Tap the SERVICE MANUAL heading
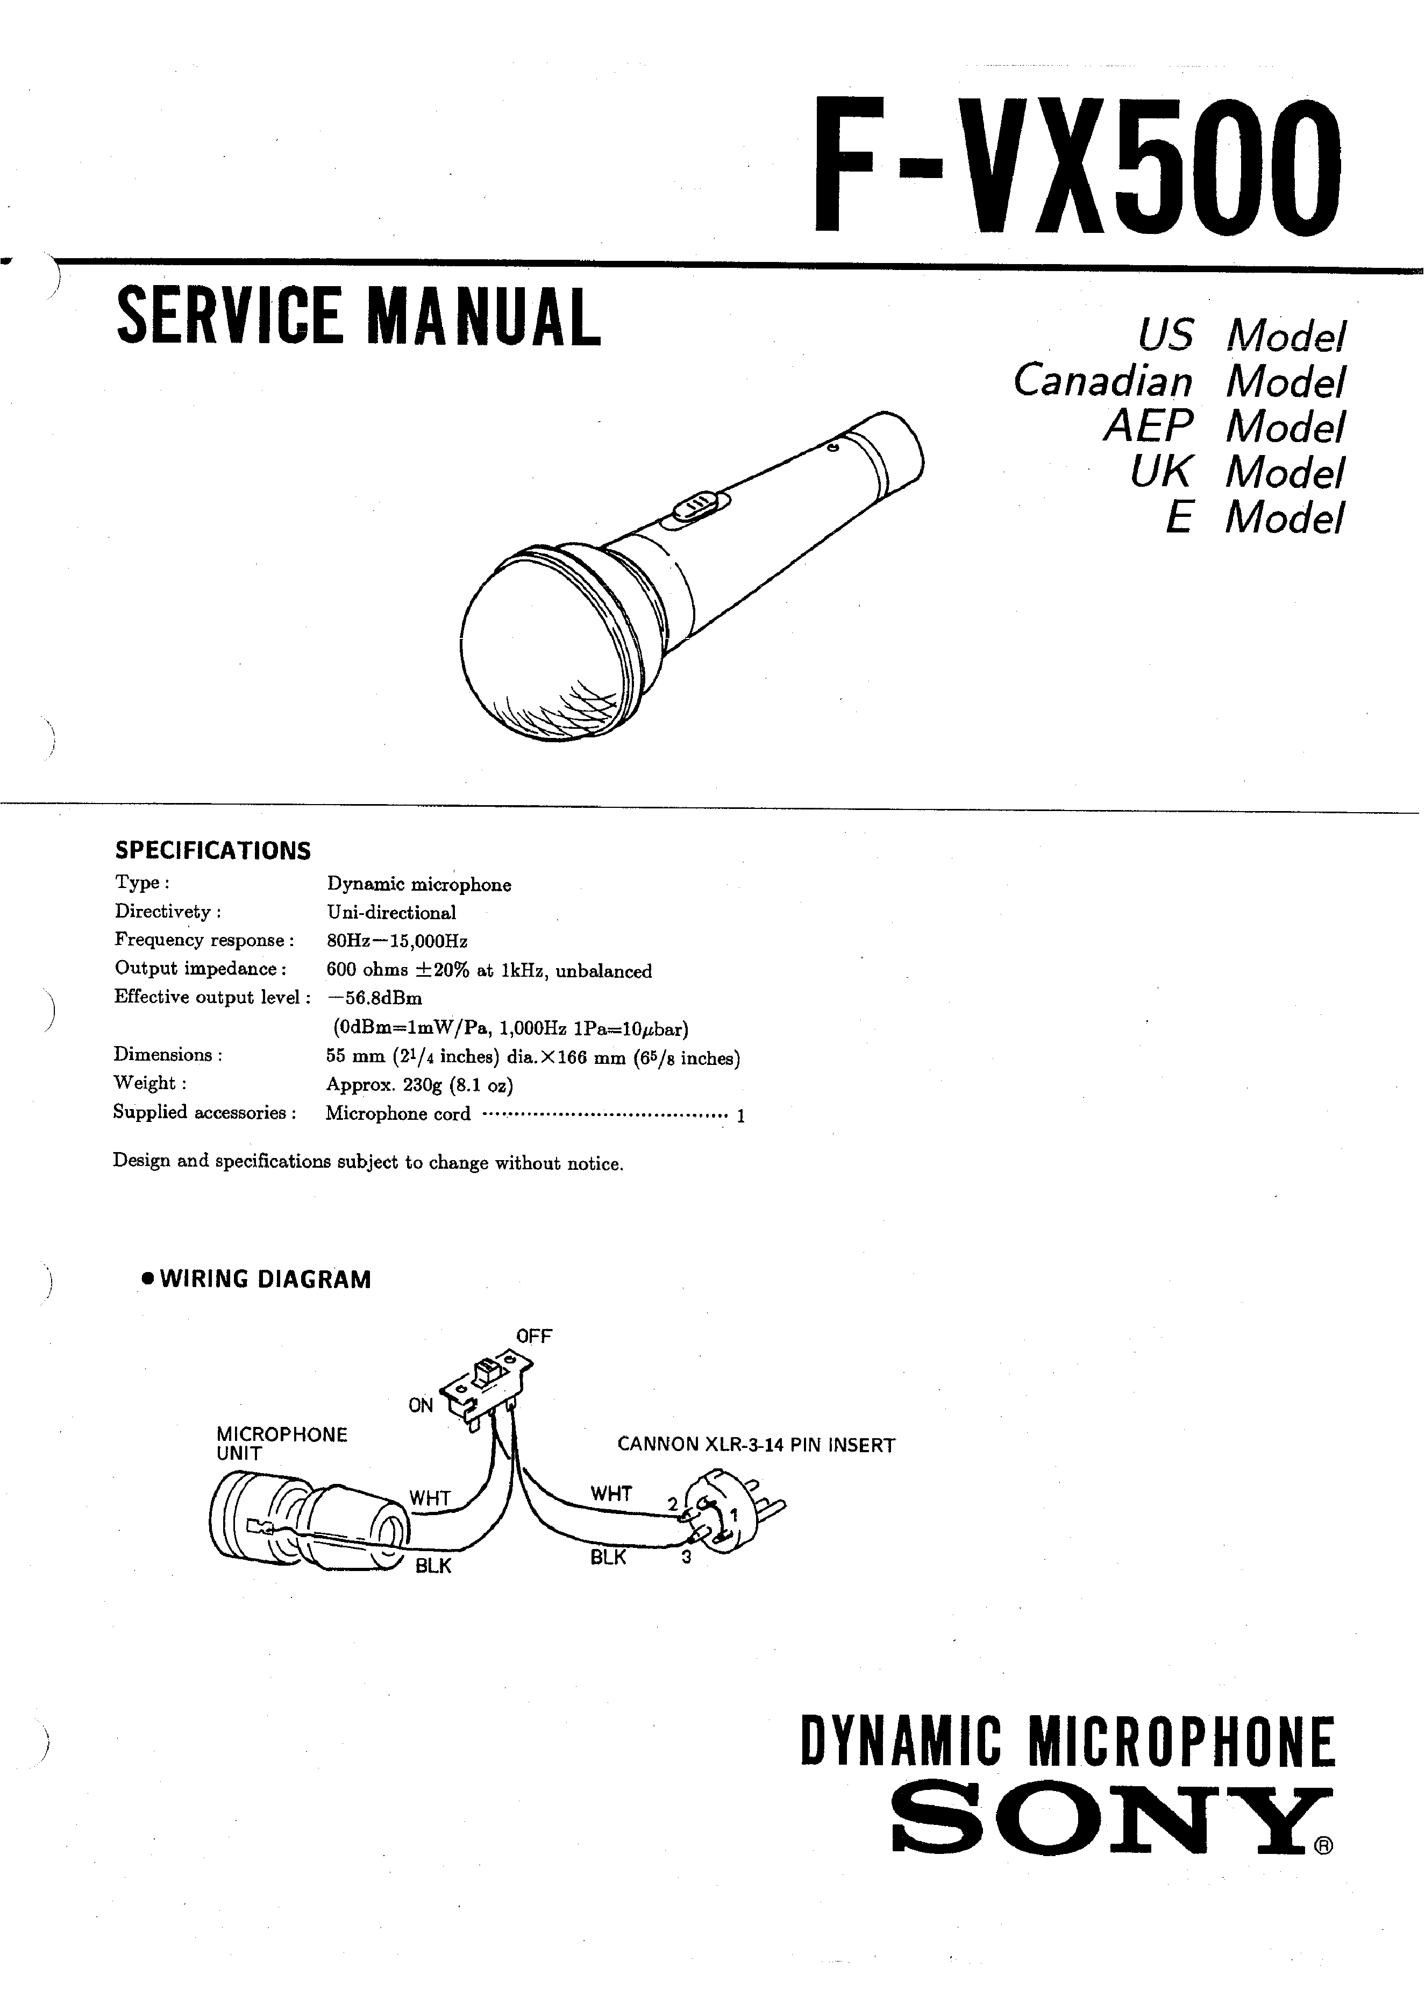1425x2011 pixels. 358,317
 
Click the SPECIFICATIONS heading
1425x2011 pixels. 213,850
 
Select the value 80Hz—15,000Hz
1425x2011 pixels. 397,941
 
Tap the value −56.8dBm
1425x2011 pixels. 375,998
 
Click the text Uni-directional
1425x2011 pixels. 391,913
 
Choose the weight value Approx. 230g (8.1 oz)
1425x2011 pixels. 419,1085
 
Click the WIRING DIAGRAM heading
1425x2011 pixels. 265,1279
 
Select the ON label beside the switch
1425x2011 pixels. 421,1405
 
